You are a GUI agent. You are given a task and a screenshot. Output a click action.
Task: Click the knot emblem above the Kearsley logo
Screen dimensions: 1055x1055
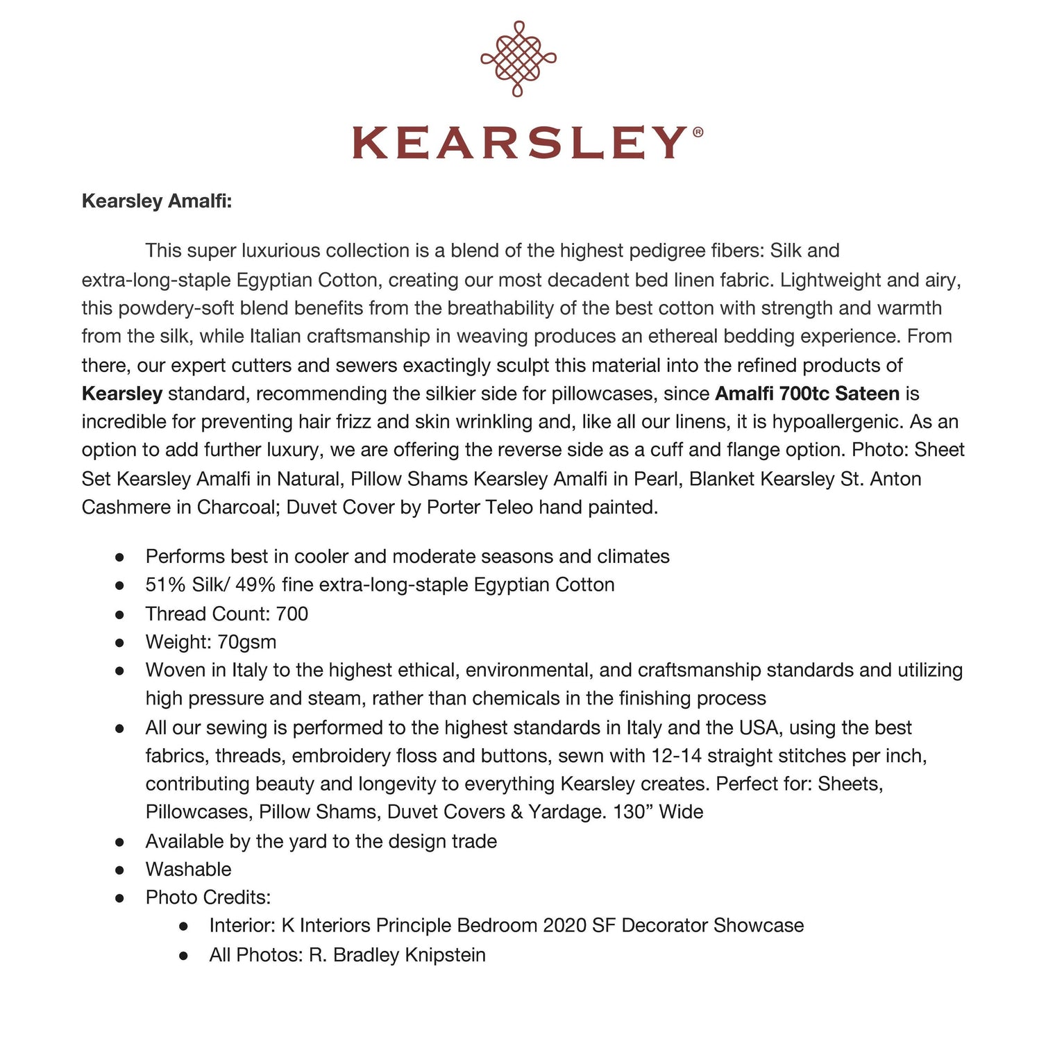pos(518,59)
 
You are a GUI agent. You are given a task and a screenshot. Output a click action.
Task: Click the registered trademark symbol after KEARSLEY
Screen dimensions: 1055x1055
pos(698,132)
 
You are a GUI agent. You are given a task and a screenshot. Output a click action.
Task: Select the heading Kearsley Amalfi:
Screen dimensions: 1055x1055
pos(157,201)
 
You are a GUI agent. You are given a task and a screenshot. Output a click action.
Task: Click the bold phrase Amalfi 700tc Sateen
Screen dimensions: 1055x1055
pos(807,394)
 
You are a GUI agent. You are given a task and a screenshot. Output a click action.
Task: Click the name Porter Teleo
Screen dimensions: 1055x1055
pos(480,507)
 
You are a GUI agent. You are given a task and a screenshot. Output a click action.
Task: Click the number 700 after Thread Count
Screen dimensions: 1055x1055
pos(292,614)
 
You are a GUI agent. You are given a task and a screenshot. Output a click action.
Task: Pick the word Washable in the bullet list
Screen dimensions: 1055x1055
pos(188,870)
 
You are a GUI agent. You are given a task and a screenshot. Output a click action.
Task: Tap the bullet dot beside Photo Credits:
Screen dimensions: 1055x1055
pos(119,898)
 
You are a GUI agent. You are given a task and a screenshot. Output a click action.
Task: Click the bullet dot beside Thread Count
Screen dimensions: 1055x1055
pos(119,614)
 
